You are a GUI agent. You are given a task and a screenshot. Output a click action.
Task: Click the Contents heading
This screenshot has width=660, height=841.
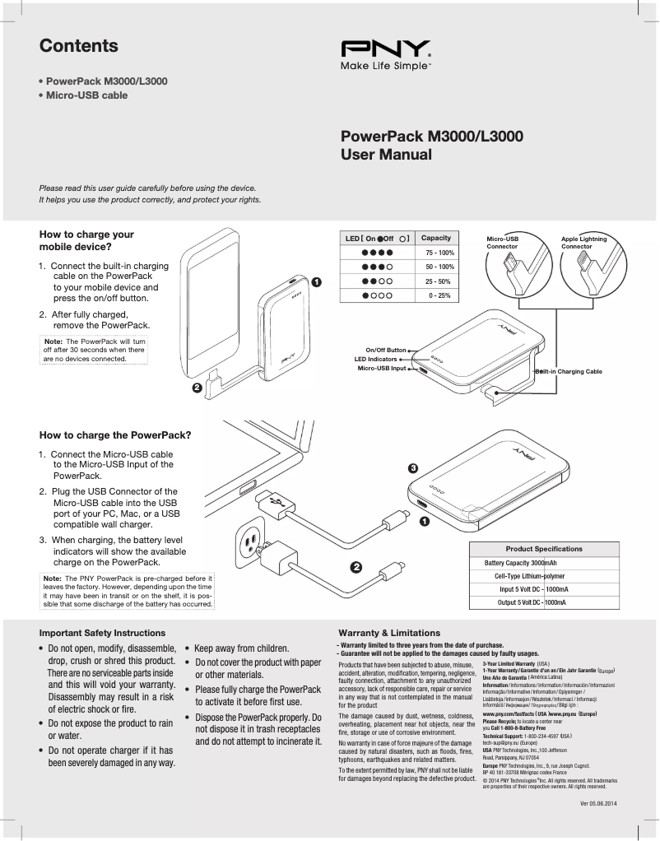point(79,46)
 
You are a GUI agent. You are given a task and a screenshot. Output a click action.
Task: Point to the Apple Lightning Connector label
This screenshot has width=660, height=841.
point(583,242)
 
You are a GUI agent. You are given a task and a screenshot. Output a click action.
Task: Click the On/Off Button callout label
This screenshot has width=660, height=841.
point(386,351)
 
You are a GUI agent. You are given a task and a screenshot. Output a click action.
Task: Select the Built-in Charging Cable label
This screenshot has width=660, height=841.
point(569,371)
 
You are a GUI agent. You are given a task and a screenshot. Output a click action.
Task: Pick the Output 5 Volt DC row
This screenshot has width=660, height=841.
point(532,603)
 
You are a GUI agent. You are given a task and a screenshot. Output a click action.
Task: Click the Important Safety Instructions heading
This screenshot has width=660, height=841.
point(102,633)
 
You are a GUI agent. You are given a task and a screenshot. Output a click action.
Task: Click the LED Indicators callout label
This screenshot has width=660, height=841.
point(375,360)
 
